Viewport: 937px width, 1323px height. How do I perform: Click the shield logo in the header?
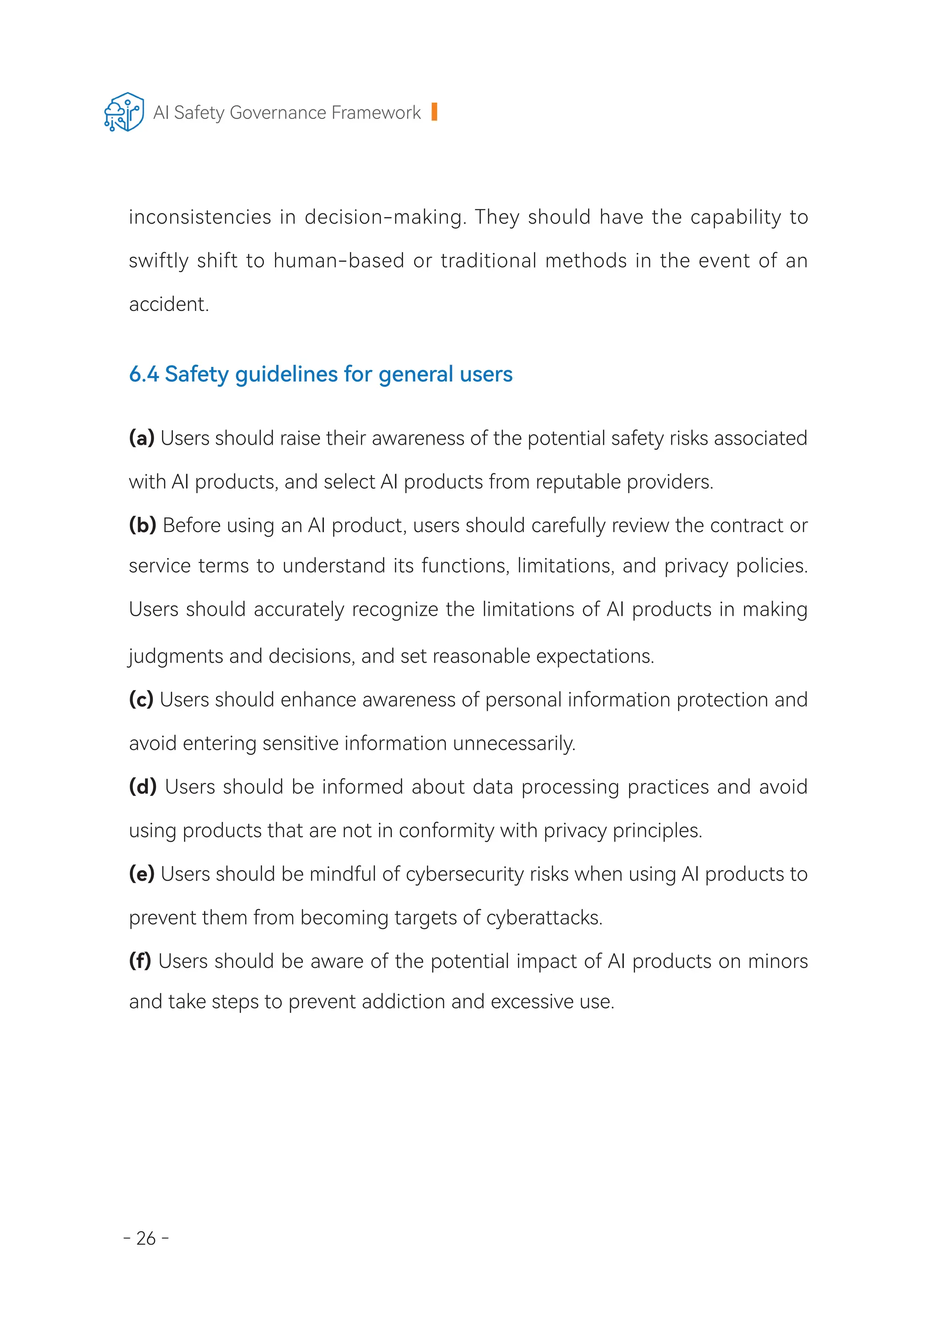coord(124,112)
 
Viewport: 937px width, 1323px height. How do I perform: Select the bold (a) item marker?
coord(141,438)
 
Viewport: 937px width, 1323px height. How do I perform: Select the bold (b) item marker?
coord(142,526)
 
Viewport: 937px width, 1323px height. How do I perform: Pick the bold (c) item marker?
coord(141,700)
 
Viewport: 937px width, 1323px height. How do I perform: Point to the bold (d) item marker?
coord(142,787)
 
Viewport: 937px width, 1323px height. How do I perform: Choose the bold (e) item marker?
coord(141,874)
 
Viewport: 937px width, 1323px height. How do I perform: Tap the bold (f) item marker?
coord(140,961)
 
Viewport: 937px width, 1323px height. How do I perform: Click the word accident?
coord(168,304)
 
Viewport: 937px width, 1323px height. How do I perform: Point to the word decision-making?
coord(384,217)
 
